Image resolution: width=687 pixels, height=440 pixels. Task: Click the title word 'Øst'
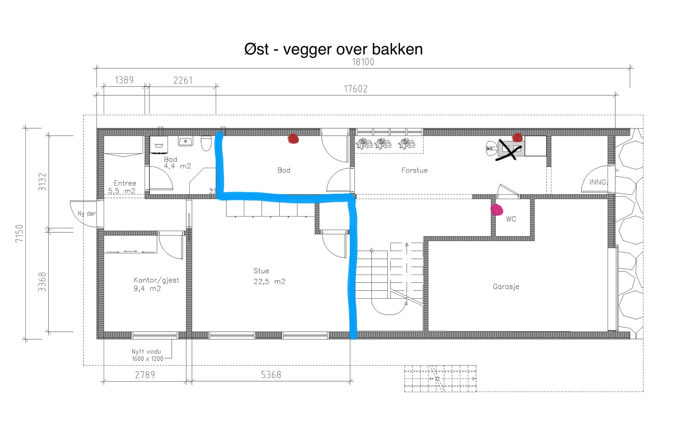[256, 49]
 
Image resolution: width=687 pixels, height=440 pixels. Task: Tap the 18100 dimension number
[363, 62]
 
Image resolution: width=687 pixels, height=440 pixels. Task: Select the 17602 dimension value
[356, 89]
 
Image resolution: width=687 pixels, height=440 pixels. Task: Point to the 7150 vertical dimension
[19, 233]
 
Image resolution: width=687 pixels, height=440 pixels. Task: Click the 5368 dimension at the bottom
[271, 375]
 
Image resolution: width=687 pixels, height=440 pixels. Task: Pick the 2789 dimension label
[145, 375]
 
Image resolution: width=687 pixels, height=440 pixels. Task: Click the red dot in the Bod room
[293, 139]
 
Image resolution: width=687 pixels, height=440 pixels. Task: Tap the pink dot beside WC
[497, 209]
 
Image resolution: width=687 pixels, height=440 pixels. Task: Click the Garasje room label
[506, 287]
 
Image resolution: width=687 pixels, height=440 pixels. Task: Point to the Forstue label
[414, 170]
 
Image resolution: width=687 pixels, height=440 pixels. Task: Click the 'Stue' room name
[261, 271]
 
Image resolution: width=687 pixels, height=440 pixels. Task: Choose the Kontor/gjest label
[156, 280]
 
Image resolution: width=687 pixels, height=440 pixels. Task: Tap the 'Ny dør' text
[87, 213]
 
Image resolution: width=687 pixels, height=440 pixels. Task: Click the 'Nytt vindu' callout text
[146, 352]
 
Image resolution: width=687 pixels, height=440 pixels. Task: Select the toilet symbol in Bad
[206, 143]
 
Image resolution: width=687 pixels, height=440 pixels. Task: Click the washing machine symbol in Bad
[159, 145]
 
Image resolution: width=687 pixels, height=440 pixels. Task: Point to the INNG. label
[598, 182]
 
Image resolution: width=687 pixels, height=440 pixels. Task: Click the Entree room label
[125, 183]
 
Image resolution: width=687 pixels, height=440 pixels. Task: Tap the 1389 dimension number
[124, 80]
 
